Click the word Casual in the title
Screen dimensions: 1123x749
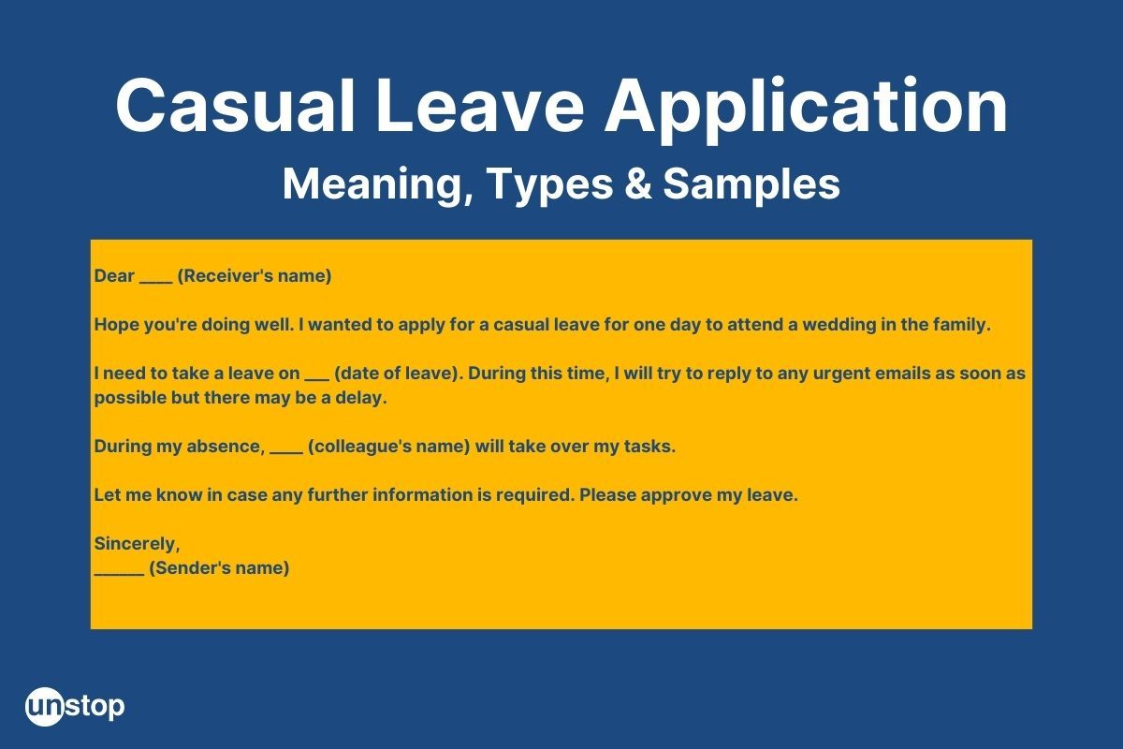tap(236, 106)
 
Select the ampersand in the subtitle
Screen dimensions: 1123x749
tap(638, 184)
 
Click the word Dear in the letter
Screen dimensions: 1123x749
tap(114, 276)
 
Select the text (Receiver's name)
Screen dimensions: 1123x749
tap(255, 276)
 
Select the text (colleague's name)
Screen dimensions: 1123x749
tap(389, 447)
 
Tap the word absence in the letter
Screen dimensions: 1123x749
tap(226, 447)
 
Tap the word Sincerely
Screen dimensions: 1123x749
tap(137, 544)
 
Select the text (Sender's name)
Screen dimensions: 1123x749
tap(219, 568)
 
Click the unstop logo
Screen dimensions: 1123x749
tap(75, 706)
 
